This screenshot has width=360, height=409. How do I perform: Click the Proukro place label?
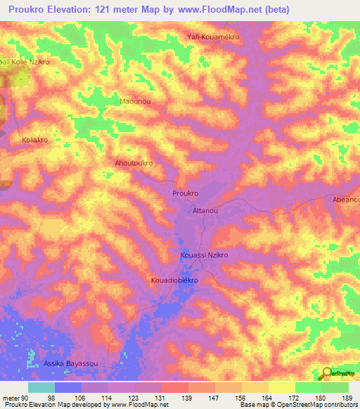186,193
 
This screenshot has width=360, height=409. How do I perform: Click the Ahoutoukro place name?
134,162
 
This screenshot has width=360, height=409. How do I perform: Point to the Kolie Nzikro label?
25,62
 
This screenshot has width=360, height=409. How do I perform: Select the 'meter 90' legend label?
15,398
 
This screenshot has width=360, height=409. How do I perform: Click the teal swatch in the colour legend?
41,387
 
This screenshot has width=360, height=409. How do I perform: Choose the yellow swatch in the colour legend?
282,387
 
